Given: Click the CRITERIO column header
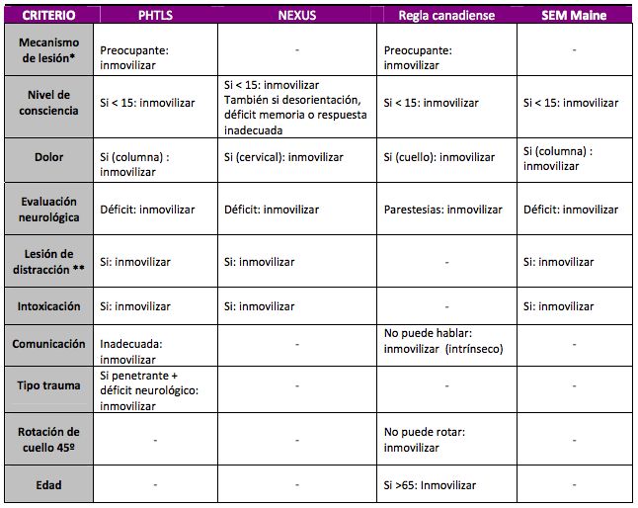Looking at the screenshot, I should (x=49, y=15).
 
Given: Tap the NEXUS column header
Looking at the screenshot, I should (x=297, y=15).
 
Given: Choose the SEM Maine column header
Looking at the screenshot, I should (x=576, y=15).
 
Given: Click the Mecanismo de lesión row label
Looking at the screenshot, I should (x=50, y=55).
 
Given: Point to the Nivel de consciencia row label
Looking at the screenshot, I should (x=50, y=103).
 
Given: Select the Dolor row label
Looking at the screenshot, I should (x=50, y=157).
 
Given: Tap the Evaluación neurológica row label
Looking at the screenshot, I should (x=50, y=209).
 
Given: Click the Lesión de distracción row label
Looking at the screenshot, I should (x=50, y=262).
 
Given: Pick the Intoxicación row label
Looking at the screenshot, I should (x=50, y=306).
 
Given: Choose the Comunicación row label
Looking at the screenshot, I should (x=50, y=345).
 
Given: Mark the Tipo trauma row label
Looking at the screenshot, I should (x=50, y=385).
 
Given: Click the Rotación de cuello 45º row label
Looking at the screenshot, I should (x=50, y=439).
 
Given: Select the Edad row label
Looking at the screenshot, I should (x=50, y=485).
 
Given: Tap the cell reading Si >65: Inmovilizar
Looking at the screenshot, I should (x=430, y=485).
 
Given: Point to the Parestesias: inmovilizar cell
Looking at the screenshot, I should (x=441, y=209).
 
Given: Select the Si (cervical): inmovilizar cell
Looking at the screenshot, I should (x=283, y=157).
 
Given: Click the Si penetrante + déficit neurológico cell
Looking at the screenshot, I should (x=148, y=390).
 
